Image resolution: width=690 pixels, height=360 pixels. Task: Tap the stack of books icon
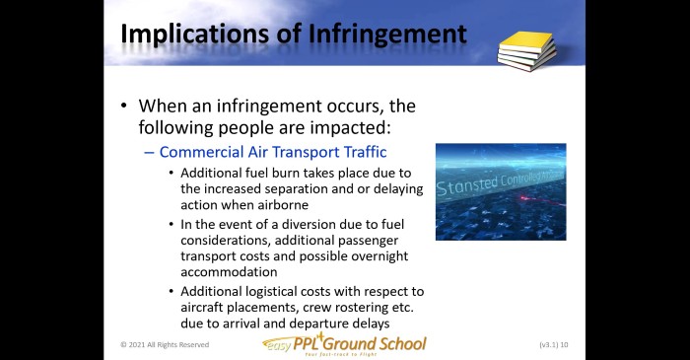pos(526,51)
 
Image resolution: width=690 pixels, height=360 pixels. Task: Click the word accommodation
pos(229,272)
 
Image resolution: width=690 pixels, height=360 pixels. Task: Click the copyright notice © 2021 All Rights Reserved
pos(165,345)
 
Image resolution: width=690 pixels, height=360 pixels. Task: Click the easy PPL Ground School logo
pos(344,344)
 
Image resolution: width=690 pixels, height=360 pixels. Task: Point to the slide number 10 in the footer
pos(565,345)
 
